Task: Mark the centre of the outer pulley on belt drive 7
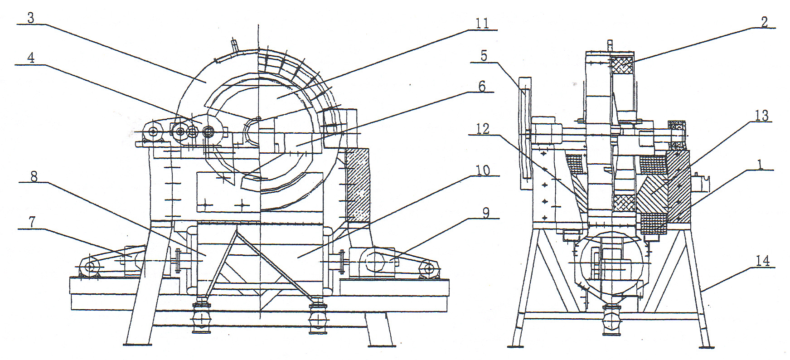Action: pos(90,267)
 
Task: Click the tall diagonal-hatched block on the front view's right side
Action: pos(357,186)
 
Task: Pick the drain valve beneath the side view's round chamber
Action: pos(610,320)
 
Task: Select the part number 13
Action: pos(761,116)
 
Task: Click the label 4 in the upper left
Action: pos(31,58)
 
